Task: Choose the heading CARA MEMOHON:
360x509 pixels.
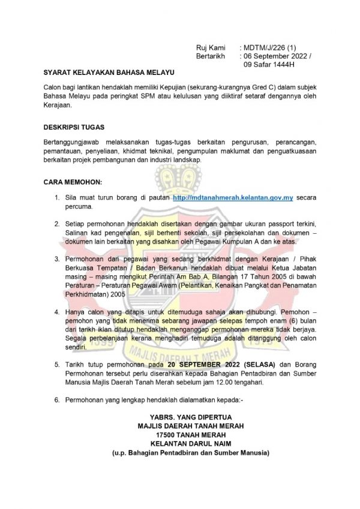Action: click(73, 181)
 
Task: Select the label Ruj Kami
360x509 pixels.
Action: click(210, 47)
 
